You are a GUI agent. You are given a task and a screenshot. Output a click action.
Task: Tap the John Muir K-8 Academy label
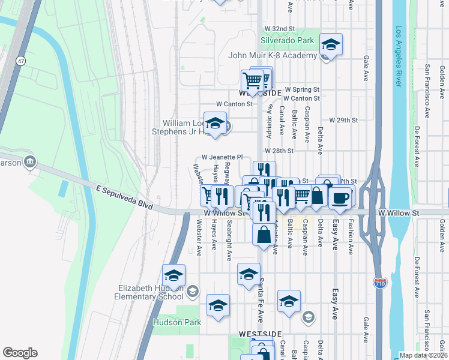click(x=272, y=56)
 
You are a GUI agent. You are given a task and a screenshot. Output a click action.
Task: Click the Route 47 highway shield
click(x=21, y=61)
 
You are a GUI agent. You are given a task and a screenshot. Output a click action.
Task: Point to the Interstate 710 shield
click(x=379, y=281)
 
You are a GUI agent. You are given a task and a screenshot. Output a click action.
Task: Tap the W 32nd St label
click(x=280, y=29)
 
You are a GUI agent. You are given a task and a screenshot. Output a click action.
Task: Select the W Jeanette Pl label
click(x=221, y=157)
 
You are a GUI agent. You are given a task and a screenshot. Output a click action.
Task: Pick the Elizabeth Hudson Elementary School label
click(x=151, y=292)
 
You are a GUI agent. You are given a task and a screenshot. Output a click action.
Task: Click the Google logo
click(x=20, y=353)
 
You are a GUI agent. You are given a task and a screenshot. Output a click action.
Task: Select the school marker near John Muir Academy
click(x=330, y=44)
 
